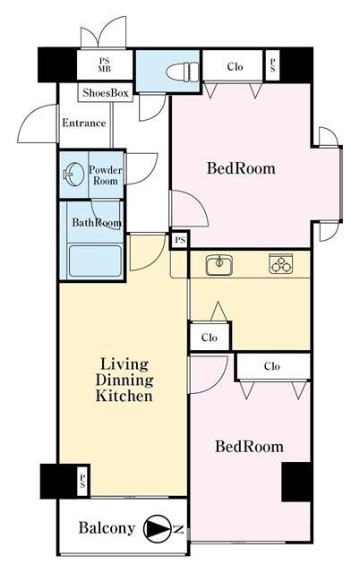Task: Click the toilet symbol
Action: pyautogui.click(x=183, y=71)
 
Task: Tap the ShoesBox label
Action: pyautogui.click(x=106, y=93)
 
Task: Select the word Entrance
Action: pyautogui.click(x=84, y=123)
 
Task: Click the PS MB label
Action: pyautogui.click(x=104, y=64)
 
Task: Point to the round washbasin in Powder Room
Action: pyautogui.click(x=73, y=174)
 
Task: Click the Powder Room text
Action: pyautogui.click(x=106, y=175)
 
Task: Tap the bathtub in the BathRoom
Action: pyautogui.click(x=95, y=261)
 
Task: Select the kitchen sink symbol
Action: pyautogui.click(x=219, y=264)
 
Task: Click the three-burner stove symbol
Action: pyautogui.click(x=280, y=263)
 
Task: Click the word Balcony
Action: pyautogui.click(x=107, y=528)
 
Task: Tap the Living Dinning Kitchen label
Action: pyautogui.click(x=124, y=380)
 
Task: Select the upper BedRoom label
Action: pyautogui.click(x=241, y=168)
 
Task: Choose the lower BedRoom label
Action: pyautogui.click(x=249, y=447)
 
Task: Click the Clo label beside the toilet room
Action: pyautogui.click(x=235, y=67)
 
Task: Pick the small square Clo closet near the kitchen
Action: pyautogui.click(x=210, y=337)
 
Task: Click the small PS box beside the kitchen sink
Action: pyautogui.click(x=180, y=241)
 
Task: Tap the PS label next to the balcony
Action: pyautogui.click(x=82, y=481)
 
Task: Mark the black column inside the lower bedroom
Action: pyautogui.click(x=296, y=482)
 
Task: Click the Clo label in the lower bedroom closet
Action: pyautogui.click(x=272, y=366)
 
